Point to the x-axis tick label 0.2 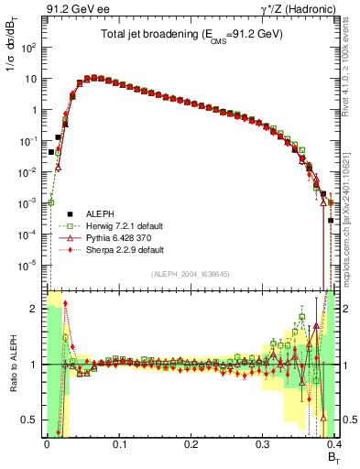pyautogui.click(x=191, y=443)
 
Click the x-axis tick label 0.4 pyautogui.click(x=333, y=443)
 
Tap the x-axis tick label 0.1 pyautogui.click(x=119, y=443)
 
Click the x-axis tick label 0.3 pyautogui.click(x=262, y=443)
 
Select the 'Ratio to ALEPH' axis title pyautogui.click(x=12, y=365)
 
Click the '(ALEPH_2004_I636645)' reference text pyautogui.click(x=191, y=275)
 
